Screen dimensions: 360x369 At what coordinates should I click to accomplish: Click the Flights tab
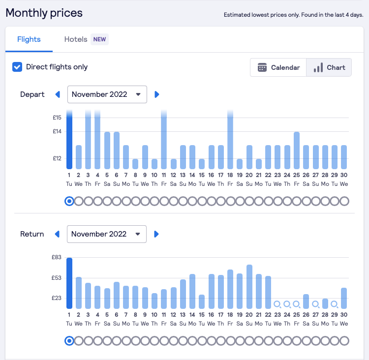click(29, 39)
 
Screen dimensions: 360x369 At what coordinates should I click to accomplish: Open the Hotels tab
click(76, 39)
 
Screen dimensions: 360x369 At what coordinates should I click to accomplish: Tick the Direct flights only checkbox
click(17, 67)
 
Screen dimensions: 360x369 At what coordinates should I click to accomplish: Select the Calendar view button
click(278, 67)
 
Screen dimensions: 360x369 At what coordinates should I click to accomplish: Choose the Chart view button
click(329, 67)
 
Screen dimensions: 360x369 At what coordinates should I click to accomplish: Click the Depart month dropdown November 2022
click(107, 94)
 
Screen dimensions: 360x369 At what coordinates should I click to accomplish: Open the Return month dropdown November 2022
click(107, 234)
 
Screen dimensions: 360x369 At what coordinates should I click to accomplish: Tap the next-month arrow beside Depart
click(157, 94)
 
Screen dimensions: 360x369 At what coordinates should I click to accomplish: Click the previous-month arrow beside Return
click(58, 234)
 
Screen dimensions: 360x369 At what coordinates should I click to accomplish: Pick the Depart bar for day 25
click(297, 150)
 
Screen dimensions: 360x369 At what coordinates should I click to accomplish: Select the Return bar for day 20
click(249, 286)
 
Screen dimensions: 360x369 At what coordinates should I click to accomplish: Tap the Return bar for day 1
click(69, 283)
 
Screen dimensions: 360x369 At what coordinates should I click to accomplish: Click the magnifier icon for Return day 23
click(277, 304)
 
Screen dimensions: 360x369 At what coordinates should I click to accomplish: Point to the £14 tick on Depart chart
click(58, 131)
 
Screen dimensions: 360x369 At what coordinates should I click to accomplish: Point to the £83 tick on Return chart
click(57, 257)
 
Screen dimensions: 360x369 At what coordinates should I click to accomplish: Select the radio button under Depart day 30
click(344, 201)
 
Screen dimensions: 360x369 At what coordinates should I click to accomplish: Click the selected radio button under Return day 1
click(69, 341)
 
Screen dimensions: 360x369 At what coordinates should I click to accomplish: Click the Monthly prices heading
click(44, 13)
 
